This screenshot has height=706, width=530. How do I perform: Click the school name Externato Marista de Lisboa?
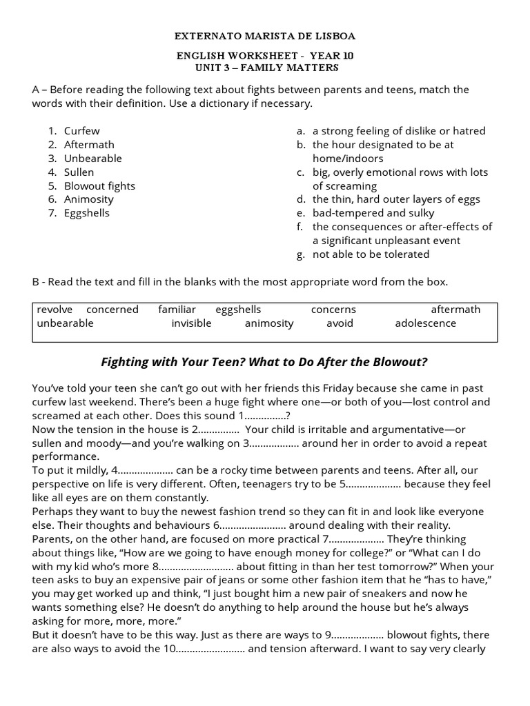point(265,36)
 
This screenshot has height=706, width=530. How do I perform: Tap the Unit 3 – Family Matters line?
point(265,68)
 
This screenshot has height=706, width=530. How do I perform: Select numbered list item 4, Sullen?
point(79,172)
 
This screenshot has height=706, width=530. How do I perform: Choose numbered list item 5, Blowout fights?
point(99,185)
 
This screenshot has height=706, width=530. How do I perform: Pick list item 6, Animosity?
point(88,199)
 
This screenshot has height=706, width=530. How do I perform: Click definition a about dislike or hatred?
point(399,131)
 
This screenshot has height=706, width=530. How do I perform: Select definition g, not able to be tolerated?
point(371,254)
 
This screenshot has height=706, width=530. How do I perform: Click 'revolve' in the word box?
point(54,310)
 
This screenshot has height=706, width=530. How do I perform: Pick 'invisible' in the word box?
point(191,323)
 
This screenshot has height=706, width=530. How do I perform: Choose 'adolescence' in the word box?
point(425,323)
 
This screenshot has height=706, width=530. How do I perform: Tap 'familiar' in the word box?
point(177,310)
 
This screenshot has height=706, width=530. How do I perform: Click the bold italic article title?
point(264,362)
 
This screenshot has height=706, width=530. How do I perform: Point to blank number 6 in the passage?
point(245,525)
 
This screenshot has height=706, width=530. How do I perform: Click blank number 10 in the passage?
point(210,648)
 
